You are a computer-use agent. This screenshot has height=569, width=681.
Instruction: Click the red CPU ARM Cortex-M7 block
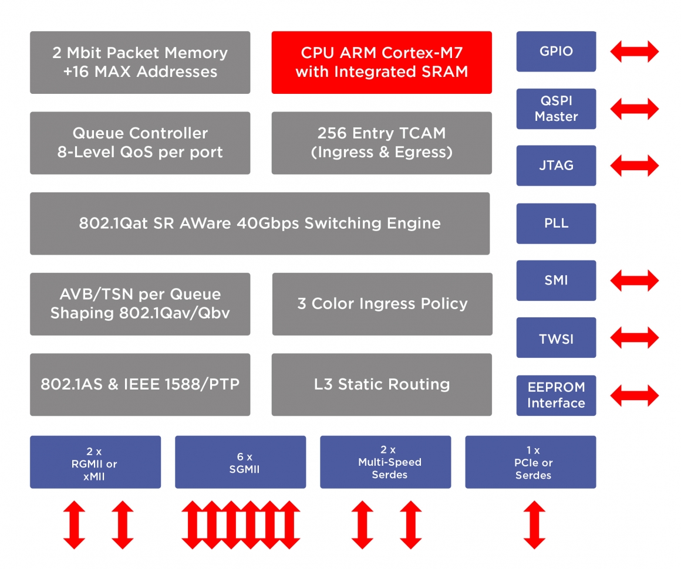(x=382, y=62)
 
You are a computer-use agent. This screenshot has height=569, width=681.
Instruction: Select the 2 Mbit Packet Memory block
(x=140, y=62)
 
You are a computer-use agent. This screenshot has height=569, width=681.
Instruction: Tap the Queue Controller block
(x=140, y=143)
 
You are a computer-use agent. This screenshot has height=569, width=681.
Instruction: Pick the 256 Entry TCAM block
(x=382, y=143)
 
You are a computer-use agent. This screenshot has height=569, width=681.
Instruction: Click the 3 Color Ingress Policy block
(x=382, y=304)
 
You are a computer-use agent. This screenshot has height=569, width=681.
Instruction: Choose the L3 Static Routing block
(x=382, y=384)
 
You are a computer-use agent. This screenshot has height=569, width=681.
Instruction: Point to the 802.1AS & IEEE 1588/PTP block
(x=140, y=384)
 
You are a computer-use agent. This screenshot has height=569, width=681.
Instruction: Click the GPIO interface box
(x=556, y=51)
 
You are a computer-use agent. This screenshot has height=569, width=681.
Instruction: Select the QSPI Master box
(x=556, y=109)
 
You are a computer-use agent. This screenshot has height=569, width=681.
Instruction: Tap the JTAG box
(x=556, y=165)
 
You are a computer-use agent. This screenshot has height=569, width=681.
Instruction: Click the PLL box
(x=556, y=223)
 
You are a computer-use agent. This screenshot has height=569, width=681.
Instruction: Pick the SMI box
(x=556, y=280)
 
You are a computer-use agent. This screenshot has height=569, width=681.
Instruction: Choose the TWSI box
(x=556, y=338)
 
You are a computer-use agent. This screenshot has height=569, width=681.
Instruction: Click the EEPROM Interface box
(x=556, y=395)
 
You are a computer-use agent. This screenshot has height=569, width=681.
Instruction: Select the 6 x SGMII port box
(x=240, y=462)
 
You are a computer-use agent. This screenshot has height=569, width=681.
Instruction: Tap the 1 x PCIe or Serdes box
(x=530, y=462)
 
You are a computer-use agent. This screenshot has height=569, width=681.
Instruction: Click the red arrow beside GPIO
(x=635, y=51)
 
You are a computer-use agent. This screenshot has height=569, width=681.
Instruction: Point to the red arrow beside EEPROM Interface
(x=635, y=395)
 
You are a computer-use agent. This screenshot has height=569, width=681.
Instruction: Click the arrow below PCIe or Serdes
(x=534, y=524)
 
